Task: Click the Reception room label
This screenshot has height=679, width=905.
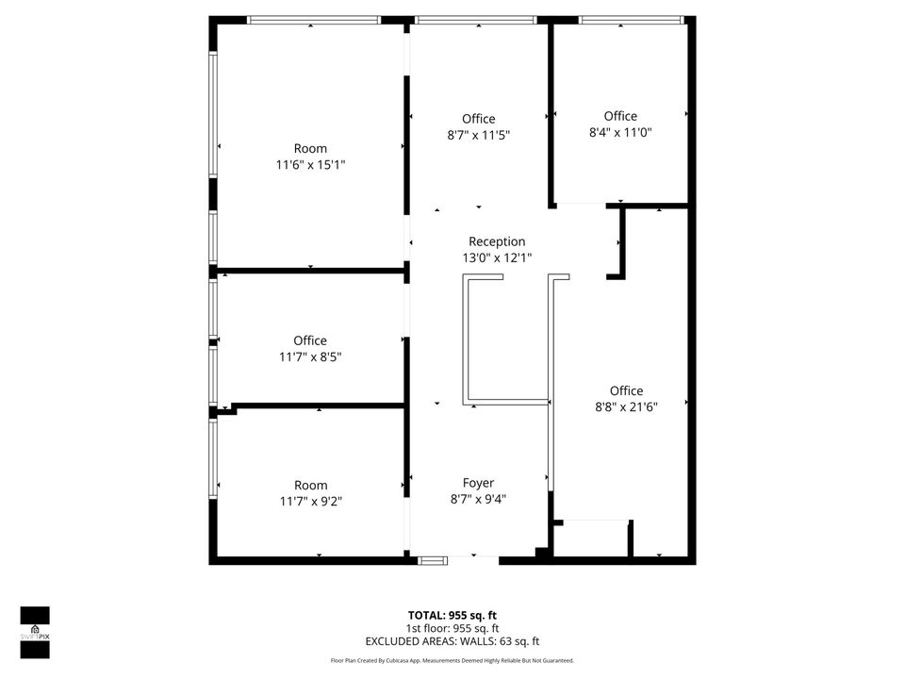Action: (497, 242)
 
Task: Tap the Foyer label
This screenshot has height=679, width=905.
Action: (478, 483)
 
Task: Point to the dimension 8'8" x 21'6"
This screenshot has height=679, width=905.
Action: (626, 407)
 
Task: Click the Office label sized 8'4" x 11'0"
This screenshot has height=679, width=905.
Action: (620, 116)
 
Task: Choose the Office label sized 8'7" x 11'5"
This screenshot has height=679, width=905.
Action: (478, 119)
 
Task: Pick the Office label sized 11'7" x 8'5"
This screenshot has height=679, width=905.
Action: (310, 340)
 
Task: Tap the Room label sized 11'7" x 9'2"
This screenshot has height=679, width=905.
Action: (310, 485)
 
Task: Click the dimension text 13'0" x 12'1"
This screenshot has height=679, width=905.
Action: (497, 258)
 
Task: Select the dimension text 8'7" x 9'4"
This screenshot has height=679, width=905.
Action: (478, 500)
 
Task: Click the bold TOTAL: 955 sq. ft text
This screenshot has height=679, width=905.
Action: (452, 615)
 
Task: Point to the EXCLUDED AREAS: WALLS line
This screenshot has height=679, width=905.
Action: (452, 641)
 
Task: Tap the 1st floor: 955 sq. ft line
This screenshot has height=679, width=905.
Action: (452, 628)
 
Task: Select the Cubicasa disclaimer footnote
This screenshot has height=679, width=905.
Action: (452, 661)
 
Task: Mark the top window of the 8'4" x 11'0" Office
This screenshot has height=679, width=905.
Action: (630, 20)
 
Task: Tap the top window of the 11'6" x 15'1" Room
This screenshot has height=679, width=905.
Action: (313, 20)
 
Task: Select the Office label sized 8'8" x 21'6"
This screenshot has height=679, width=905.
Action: (626, 390)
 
